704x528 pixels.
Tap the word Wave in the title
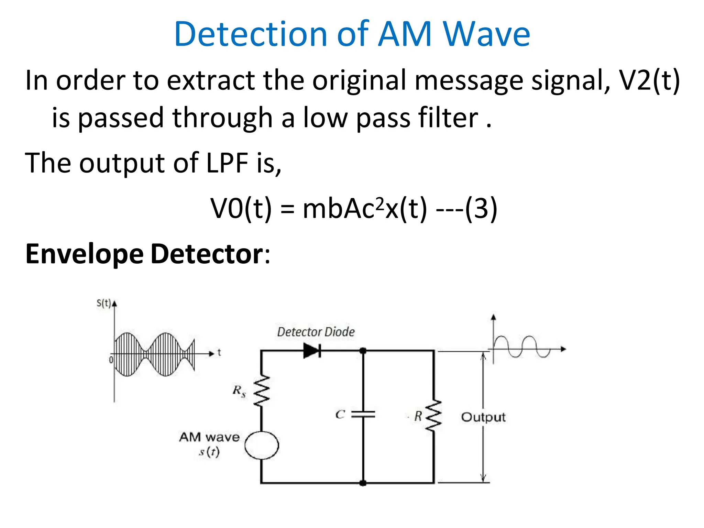point(486,34)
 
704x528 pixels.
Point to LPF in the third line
point(227,163)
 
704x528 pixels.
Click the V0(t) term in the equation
point(241,209)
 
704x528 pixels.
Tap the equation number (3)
point(481,209)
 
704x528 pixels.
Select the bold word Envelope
point(84,254)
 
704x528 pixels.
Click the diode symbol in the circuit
point(312,351)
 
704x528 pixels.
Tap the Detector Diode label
point(316,332)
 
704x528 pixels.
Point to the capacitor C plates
point(363,414)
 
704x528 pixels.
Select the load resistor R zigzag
point(433,416)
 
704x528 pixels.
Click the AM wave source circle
point(262,445)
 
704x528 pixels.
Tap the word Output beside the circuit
point(483,417)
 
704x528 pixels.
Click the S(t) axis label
point(103,303)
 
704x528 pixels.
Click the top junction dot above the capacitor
point(363,351)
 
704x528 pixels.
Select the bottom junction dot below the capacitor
point(363,483)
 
